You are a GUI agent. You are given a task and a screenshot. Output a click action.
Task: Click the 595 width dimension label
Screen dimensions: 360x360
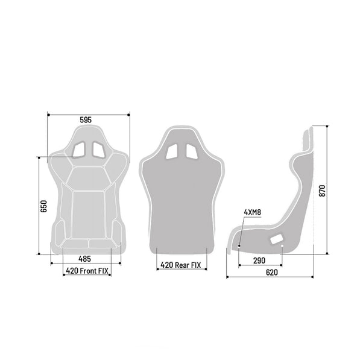click(86, 120)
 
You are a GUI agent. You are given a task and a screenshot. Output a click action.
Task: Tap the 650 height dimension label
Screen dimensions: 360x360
click(43, 206)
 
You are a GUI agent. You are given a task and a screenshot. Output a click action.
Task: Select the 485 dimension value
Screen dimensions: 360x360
click(84, 259)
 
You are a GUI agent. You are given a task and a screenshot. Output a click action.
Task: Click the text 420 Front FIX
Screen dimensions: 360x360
click(87, 271)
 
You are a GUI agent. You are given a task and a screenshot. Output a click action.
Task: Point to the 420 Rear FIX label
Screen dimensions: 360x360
click(181, 265)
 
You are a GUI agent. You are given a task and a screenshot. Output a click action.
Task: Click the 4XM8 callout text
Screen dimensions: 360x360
click(252, 212)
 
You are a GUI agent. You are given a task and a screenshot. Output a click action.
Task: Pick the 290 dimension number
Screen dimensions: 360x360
click(259, 261)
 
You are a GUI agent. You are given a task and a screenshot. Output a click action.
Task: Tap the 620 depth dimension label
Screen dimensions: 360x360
click(272, 273)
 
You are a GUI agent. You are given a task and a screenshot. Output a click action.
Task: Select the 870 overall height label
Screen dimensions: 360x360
click(323, 191)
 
